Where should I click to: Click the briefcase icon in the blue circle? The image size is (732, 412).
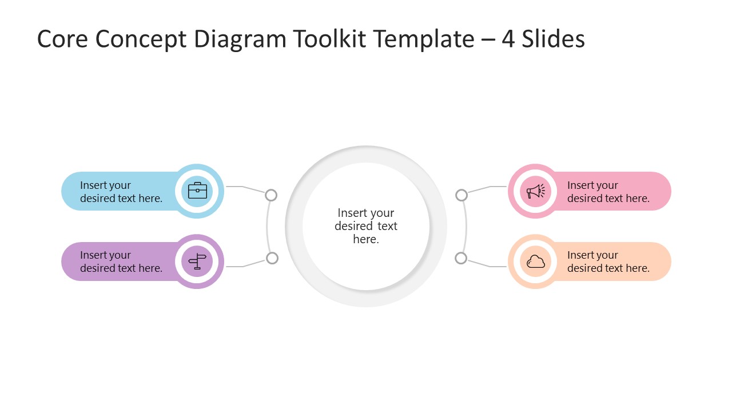pyautogui.click(x=197, y=191)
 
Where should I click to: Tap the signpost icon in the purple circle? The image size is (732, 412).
pyautogui.click(x=197, y=262)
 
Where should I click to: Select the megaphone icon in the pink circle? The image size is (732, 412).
pyautogui.click(x=536, y=191)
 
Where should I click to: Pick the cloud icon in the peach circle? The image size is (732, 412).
pyautogui.click(x=536, y=262)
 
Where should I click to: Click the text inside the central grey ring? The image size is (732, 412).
pyautogui.click(x=366, y=226)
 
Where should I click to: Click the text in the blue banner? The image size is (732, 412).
pyautogui.click(x=121, y=192)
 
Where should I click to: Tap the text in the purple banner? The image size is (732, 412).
pyautogui.click(x=121, y=262)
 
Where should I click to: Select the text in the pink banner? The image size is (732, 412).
pyautogui.click(x=608, y=192)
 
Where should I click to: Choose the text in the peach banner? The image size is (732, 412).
pyautogui.click(x=608, y=262)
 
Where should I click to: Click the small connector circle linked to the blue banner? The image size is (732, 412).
pyautogui.click(x=271, y=195)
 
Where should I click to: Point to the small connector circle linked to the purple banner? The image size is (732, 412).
pyautogui.click(x=272, y=258)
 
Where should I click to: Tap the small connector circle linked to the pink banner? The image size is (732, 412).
pyautogui.click(x=462, y=195)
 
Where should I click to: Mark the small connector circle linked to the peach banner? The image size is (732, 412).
pyautogui.click(x=461, y=258)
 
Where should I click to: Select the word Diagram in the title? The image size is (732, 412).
pyautogui.click(x=240, y=39)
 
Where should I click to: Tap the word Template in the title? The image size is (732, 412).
pyautogui.click(x=424, y=39)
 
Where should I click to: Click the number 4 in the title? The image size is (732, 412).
pyautogui.click(x=508, y=39)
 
